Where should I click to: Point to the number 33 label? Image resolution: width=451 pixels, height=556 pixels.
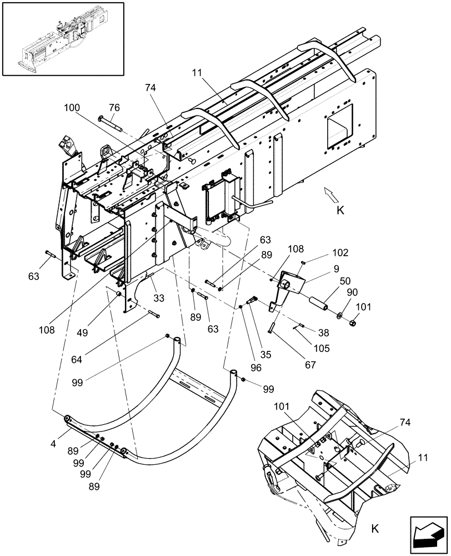point(159,298)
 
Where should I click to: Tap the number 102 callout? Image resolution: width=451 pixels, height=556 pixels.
point(341,252)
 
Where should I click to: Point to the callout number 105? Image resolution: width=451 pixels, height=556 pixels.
point(321,348)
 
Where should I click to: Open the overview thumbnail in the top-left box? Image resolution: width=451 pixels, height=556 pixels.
point(62,38)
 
